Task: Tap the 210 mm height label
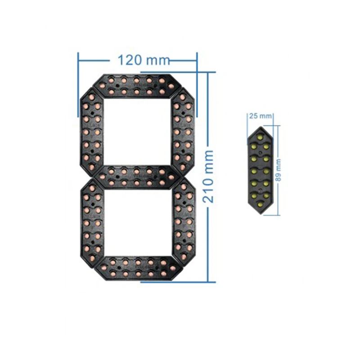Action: [x=209, y=176]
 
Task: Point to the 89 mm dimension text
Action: [x=279, y=170]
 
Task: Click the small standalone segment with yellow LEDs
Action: [x=261, y=171]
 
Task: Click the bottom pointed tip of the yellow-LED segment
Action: [x=261, y=215]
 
